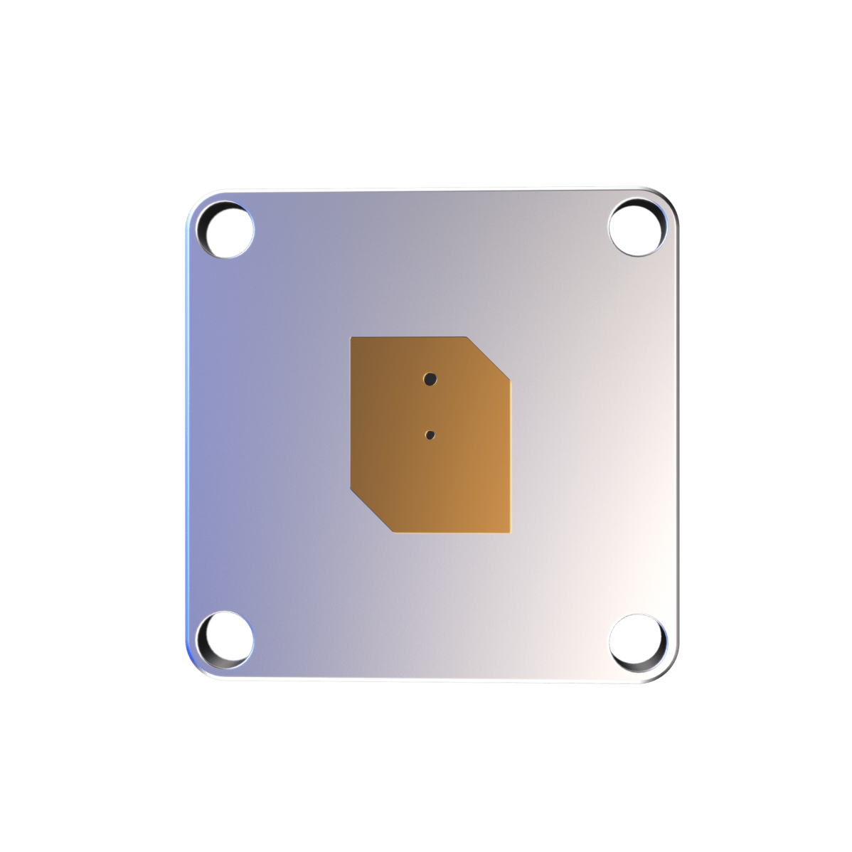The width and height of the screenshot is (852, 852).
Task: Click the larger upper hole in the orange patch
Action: tap(430, 378)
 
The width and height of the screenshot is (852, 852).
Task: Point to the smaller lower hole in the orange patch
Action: tap(430, 435)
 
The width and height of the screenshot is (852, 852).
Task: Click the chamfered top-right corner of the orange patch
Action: tap(489, 356)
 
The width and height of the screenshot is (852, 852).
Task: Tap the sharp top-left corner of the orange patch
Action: tap(352, 339)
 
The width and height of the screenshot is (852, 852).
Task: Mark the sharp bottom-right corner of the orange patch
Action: tap(510, 531)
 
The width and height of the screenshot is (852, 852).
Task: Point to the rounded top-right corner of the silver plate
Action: tap(667, 199)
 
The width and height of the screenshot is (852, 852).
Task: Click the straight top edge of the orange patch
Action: tap(409, 337)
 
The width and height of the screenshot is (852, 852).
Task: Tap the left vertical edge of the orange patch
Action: tap(351, 412)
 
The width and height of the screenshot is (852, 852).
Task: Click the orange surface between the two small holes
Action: tap(430, 407)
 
